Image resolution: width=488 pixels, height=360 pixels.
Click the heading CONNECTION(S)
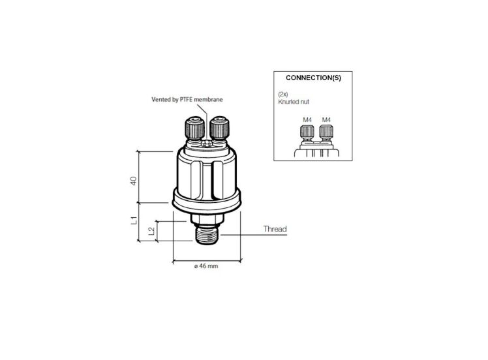tap(313, 78)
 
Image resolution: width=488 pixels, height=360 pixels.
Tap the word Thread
tap(275, 230)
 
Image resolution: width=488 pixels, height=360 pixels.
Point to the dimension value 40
tap(133, 181)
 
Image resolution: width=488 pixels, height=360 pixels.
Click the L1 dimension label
tap(133, 220)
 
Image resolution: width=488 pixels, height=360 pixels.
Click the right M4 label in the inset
tap(327, 119)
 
